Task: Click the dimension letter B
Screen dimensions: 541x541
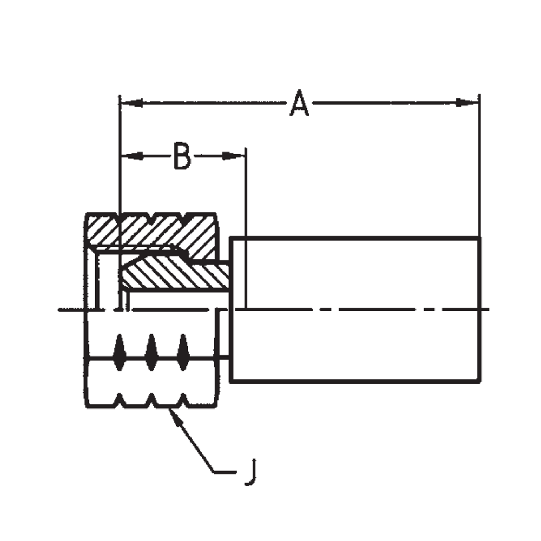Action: coord(182,156)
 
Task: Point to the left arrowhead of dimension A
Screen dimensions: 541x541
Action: coord(130,102)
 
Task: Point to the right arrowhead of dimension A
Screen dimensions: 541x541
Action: coord(469,102)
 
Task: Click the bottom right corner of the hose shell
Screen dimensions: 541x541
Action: coord(479,382)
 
